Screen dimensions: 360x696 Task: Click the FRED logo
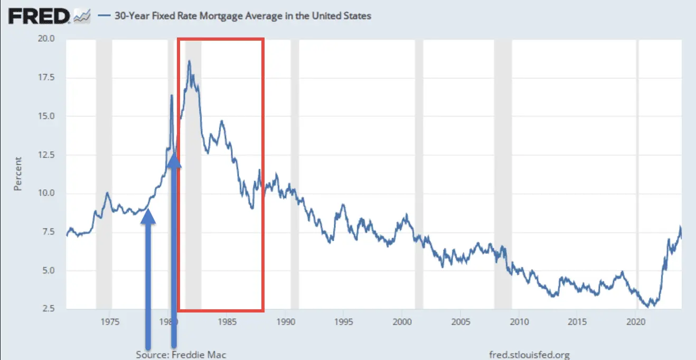coord(38,16)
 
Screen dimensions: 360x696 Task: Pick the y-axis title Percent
coord(18,174)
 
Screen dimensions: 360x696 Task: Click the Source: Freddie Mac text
coord(181,355)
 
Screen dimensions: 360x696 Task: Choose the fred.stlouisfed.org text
coord(530,355)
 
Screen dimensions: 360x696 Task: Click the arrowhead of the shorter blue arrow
coord(148,215)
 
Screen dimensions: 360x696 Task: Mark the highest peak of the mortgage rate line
coord(189,61)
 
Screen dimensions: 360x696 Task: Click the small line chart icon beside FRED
coord(82,17)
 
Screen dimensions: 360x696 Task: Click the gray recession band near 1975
coord(104,174)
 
